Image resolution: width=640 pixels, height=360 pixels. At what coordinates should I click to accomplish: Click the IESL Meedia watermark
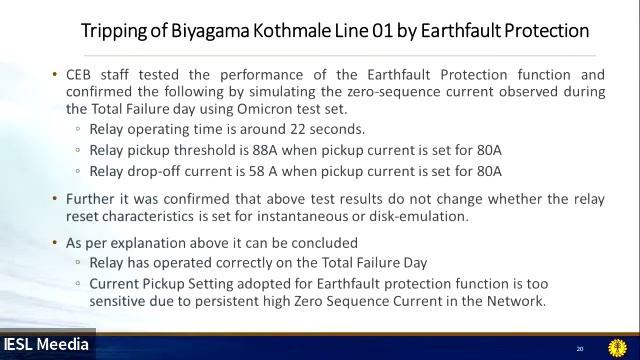point(46,345)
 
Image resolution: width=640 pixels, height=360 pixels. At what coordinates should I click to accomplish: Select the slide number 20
point(580,348)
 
